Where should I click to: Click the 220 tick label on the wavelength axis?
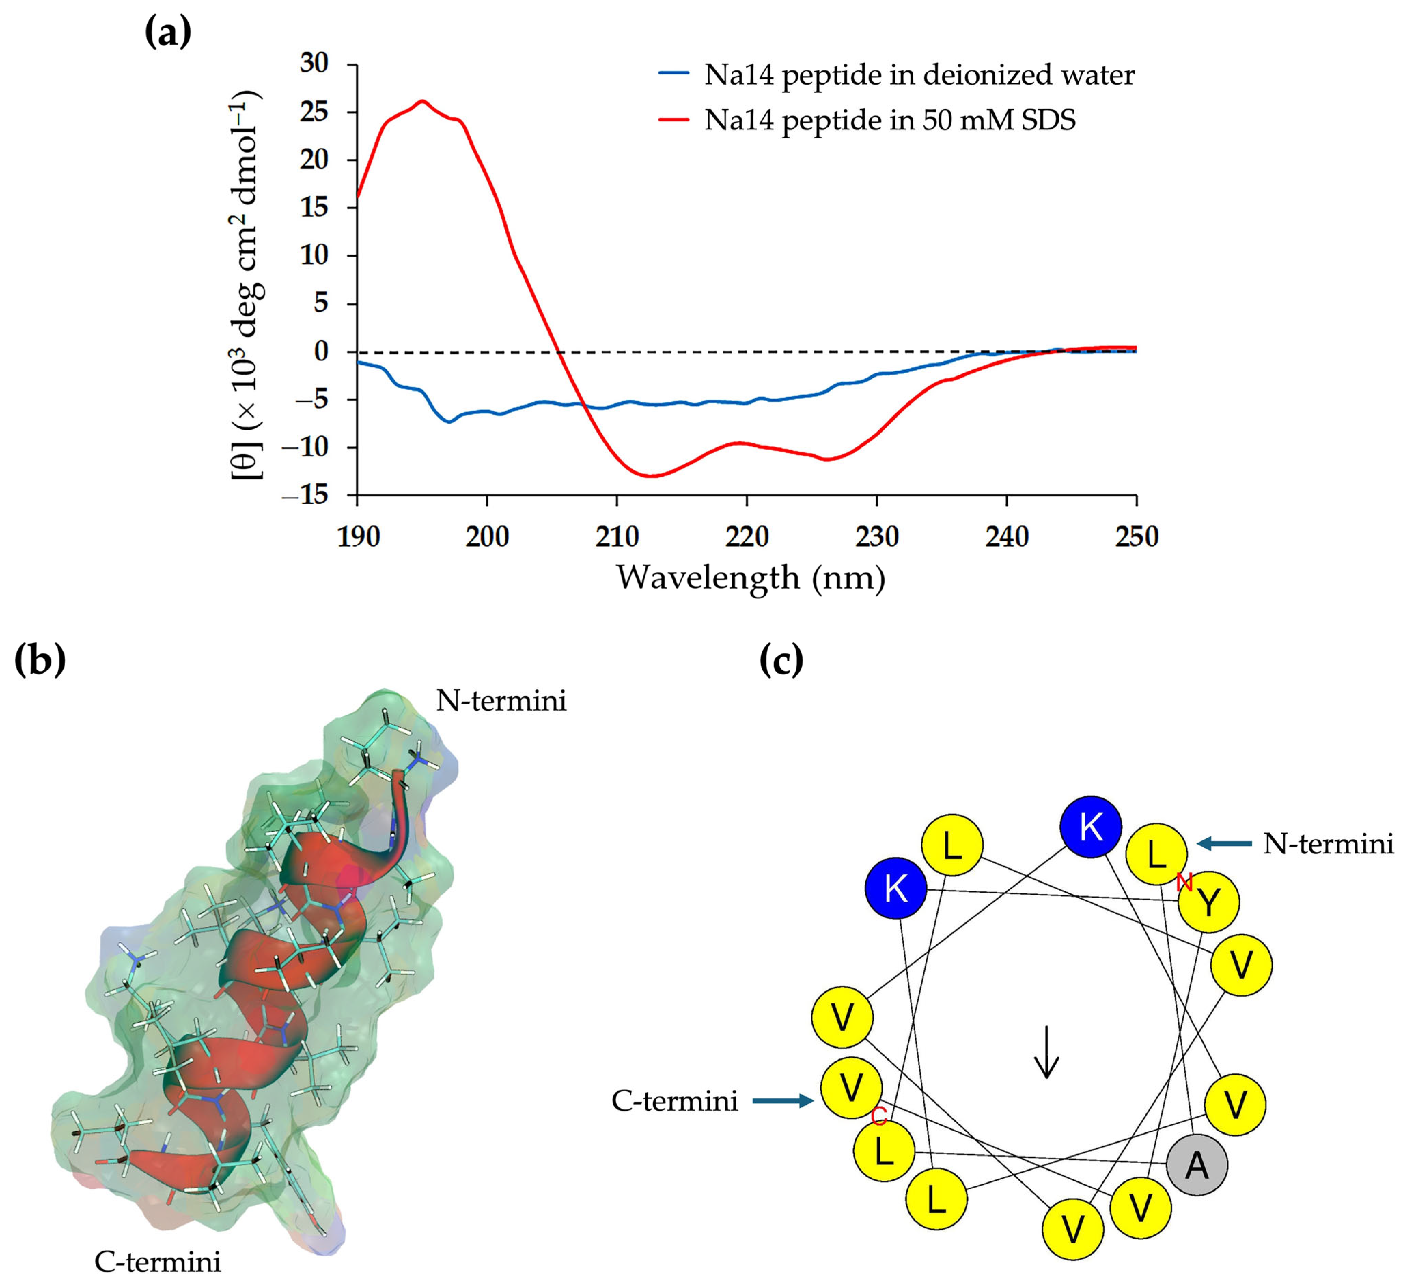(747, 537)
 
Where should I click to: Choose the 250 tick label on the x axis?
(1137, 537)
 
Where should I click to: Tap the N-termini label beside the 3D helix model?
(501, 700)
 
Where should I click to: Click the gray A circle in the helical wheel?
(1197, 1164)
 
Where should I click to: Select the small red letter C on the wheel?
(879, 1117)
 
